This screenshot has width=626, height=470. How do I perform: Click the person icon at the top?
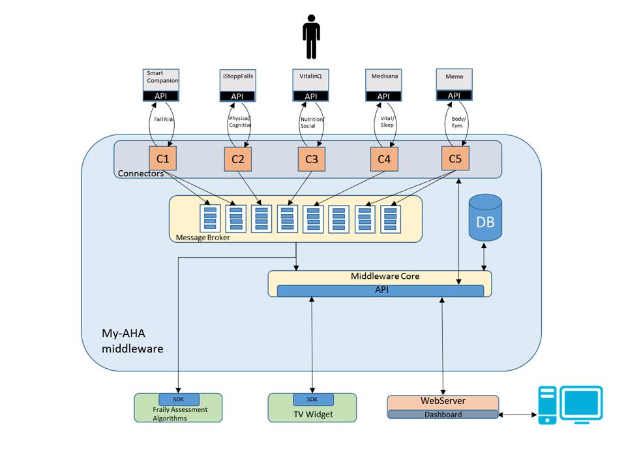pyautogui.click(x=312, y=37)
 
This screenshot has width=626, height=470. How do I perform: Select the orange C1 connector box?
pyautogui.click(x=162, y=159)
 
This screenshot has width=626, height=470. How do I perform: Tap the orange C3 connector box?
pyautogui.click(x=310, y=159)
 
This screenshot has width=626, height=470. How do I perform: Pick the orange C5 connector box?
pyautogui.click(x=454, y=159)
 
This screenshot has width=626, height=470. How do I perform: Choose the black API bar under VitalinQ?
pyautogui.click(x=310, y=97)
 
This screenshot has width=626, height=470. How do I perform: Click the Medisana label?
pyautogui.click(x=382, y=77)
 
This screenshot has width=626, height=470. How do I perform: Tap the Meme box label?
pyautogui.click(x=454, y=77)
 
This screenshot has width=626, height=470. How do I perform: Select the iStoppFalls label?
pyautogui.click(x=237, y=77)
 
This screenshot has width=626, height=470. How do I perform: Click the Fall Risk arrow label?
pyautogui.click(x=163, y=119)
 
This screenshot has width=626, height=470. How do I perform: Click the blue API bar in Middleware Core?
pyautogui.click(x=381, y=290)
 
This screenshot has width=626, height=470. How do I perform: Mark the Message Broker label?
pyautogui.click(x=203, y=238)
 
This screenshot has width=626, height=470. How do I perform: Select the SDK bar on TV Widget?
pyautogui.click(x=313, y=399)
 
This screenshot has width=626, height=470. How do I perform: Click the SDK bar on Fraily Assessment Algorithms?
pyautogui.click(x=179, y=399)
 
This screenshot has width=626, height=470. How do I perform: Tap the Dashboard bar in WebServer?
pyautogui.click(x=443, y=415)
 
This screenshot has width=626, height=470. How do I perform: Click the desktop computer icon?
pyautogui.click(x=570, y=405)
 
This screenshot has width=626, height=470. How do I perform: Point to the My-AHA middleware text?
pyautogui.click(x=132, y=341)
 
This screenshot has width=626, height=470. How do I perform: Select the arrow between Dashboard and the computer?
pyautogui.click(x=518, y=415)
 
